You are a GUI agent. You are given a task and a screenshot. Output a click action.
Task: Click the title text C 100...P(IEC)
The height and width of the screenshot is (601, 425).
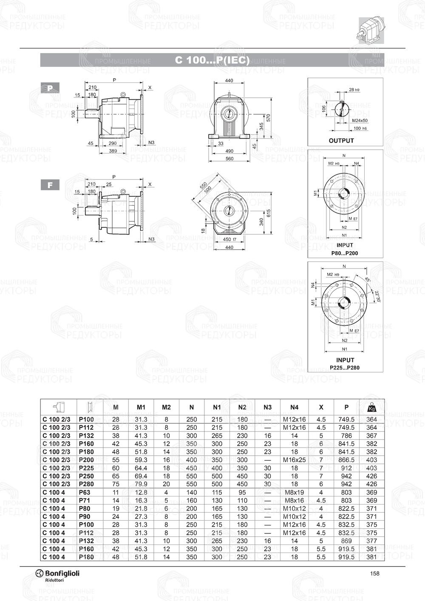(212, 60)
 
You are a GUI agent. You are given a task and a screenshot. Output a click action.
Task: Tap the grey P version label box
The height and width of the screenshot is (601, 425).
(50, 88)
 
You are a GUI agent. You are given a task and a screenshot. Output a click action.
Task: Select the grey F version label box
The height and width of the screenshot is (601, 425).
(50, 185)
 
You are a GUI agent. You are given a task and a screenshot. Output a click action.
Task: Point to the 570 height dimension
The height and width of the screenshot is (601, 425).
(268, 118)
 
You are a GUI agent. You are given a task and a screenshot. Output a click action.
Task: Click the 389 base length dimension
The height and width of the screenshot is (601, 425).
(113, 151)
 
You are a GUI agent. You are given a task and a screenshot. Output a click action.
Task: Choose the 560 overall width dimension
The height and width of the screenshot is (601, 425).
(229, 159)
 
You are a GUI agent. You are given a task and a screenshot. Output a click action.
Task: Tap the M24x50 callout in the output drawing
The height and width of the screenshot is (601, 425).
(360, 121)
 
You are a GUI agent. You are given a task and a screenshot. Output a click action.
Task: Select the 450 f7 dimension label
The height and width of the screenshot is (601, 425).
(229, 239)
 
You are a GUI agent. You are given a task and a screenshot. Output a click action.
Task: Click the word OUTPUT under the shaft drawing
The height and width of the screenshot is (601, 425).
(341, 141)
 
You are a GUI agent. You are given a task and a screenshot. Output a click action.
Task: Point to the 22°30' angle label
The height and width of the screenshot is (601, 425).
(377, 296)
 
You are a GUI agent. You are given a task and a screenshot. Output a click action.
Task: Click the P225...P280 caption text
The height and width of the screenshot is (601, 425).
(345, 368)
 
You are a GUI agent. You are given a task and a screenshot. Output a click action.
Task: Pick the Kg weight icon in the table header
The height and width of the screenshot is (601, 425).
(371, 407)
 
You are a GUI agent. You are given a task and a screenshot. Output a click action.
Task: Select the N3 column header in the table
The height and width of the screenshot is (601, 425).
(267, 407)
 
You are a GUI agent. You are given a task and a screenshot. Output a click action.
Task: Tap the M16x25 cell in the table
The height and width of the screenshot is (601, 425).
(294, 460)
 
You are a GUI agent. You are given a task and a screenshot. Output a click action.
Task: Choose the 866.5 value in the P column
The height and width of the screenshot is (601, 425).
(346, 460)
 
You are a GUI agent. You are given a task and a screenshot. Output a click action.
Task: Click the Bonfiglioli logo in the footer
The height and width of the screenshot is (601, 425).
(57, 574)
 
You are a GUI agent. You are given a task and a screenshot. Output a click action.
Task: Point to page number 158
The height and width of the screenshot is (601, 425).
(374, 573)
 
